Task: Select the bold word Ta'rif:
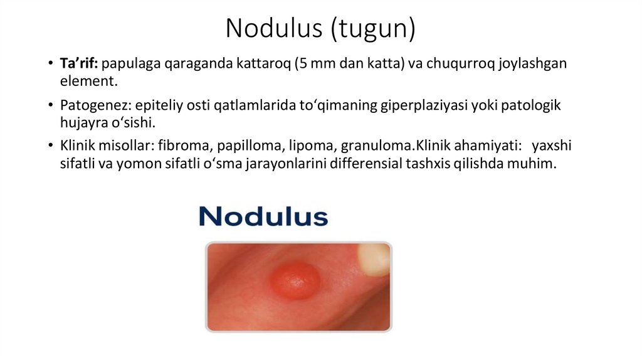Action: pos(79,63)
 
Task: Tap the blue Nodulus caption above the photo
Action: pos(263,216)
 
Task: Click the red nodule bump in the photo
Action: pos(295,280)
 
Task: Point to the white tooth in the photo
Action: pos(374,258)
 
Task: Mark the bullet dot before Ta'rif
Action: pos(50,64)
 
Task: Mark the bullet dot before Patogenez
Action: pos(50,106)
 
